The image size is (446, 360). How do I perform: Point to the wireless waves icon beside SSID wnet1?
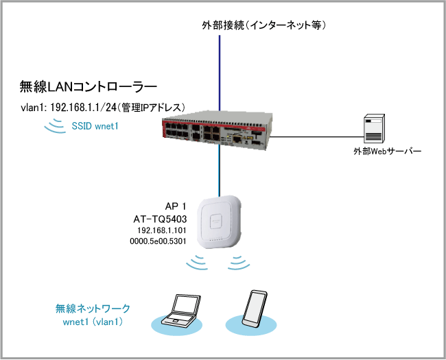pos(52,125)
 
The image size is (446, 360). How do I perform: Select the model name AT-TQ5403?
pos(160,219)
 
